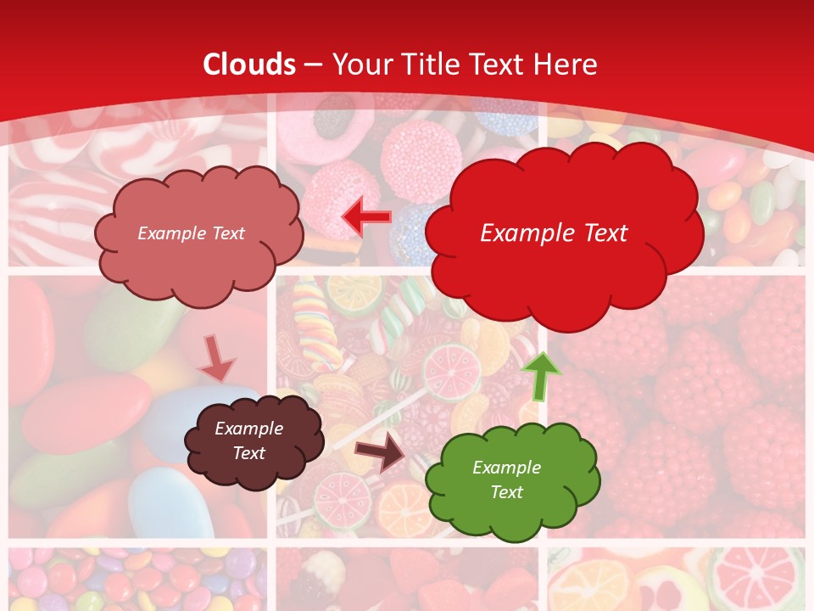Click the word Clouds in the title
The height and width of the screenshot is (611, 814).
[249, 64]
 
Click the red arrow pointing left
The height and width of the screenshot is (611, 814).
[366, 217]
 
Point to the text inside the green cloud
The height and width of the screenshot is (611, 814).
[506, 479]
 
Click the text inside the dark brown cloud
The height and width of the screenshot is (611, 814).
[248, 440]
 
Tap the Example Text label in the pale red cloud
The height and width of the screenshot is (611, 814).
[191, 233]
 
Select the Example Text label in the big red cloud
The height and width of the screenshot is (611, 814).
[554, 233]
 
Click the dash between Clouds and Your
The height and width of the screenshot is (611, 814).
[313, 64]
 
